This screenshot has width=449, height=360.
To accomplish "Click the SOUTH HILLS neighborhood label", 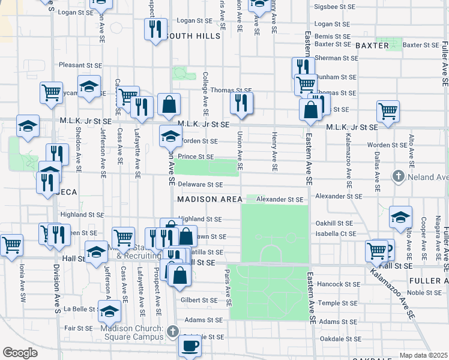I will tap(194, 37).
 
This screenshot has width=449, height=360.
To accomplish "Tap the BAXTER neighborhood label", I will tap(372, 46).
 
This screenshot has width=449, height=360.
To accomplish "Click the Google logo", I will tap(20, 353).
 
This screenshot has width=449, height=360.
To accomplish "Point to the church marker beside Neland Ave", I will tap(397, 176).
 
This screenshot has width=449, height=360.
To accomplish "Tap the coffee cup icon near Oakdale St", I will tap(190, 346).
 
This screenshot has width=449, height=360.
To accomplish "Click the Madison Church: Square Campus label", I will tap(132, 332).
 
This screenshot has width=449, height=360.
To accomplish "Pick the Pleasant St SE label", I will tap(80, 65).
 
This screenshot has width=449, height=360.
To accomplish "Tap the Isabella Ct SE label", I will tap(336, 234).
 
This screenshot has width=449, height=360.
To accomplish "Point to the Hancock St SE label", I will tap(338, 284).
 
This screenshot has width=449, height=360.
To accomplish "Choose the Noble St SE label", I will tap(424, 292).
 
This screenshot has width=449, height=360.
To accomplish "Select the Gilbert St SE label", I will tap(199, 300).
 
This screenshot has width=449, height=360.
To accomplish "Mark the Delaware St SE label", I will tap(200, 185).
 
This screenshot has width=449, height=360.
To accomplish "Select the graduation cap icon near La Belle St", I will tap(109, 311).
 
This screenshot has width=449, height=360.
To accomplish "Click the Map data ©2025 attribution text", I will tap(424, 355).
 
